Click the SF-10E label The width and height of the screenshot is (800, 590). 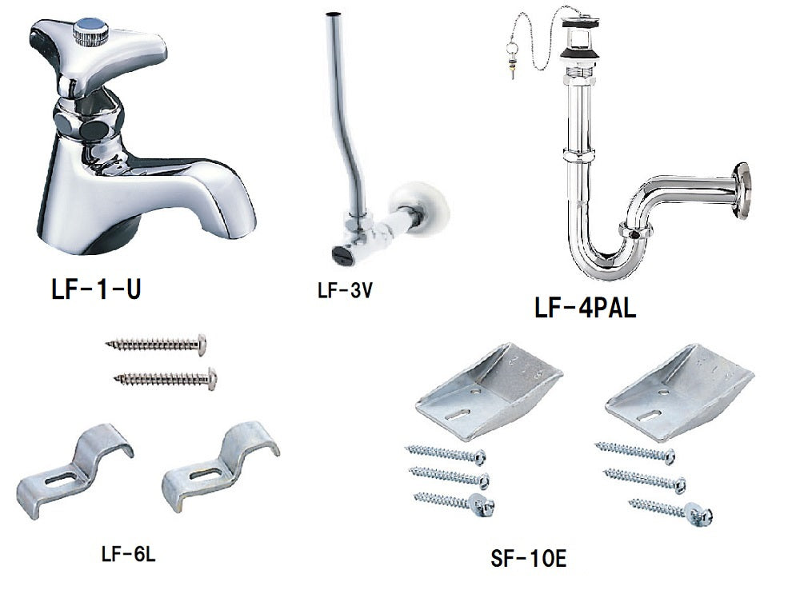coord(528,557)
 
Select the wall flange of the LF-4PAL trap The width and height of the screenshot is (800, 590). coord(742,189)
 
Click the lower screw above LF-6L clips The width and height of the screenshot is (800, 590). coord(166,377)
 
